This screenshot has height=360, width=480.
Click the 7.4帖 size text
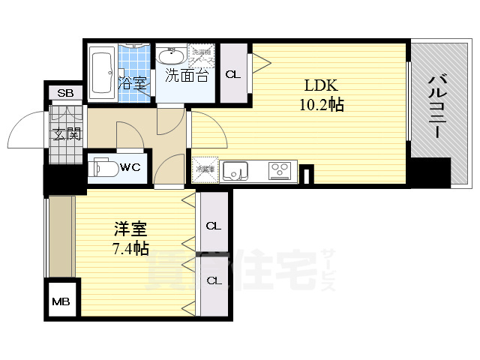[129, 249]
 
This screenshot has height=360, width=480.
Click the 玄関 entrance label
[65, 135]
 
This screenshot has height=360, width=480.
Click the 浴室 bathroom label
[133, 82]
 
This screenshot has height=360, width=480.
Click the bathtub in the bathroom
[101, 72]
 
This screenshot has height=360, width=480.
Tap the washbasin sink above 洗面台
[172, 55]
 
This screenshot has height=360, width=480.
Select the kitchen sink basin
[234, 171]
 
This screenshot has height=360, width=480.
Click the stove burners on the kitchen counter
[280, 170]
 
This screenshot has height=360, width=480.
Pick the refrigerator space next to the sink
[205, 169]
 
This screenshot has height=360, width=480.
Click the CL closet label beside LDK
[233, 73]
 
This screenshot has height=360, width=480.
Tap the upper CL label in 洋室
[214, 225]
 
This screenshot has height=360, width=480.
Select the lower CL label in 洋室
[214, 280]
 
